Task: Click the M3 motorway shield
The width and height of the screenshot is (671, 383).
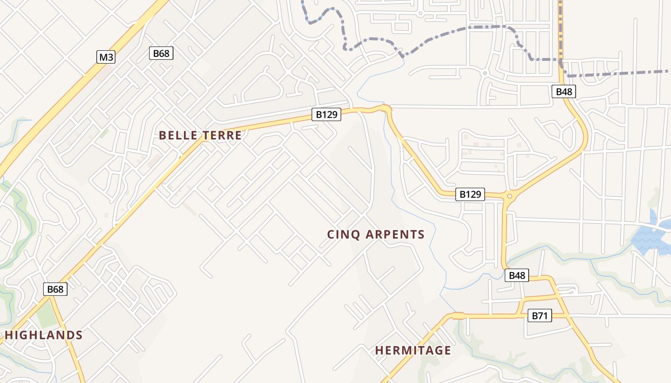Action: pos(106,57)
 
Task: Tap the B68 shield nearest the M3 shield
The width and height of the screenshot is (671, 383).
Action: pos(161,53)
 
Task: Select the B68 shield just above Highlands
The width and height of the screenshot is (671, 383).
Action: pos(55,289)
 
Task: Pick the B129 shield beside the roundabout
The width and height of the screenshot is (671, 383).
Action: pos(470,194)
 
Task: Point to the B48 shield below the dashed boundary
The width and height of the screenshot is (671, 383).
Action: pos(564,91)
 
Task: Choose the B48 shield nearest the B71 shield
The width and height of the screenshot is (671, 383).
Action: pos(517,275)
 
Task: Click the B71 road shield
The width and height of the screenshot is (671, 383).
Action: pos(540,315)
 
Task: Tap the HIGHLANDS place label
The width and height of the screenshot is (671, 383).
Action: pos(44,335)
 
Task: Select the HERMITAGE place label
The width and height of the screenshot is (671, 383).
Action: pos(413,350)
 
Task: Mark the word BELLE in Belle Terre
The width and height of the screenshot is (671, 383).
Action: pos(178,135)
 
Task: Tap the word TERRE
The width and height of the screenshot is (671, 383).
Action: pos(221,135)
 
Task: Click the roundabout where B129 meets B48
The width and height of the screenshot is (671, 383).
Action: pos(509,195)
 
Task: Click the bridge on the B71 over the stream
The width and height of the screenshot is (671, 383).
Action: pos(458,316)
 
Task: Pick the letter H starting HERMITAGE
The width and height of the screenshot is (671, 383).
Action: pos(379,350)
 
